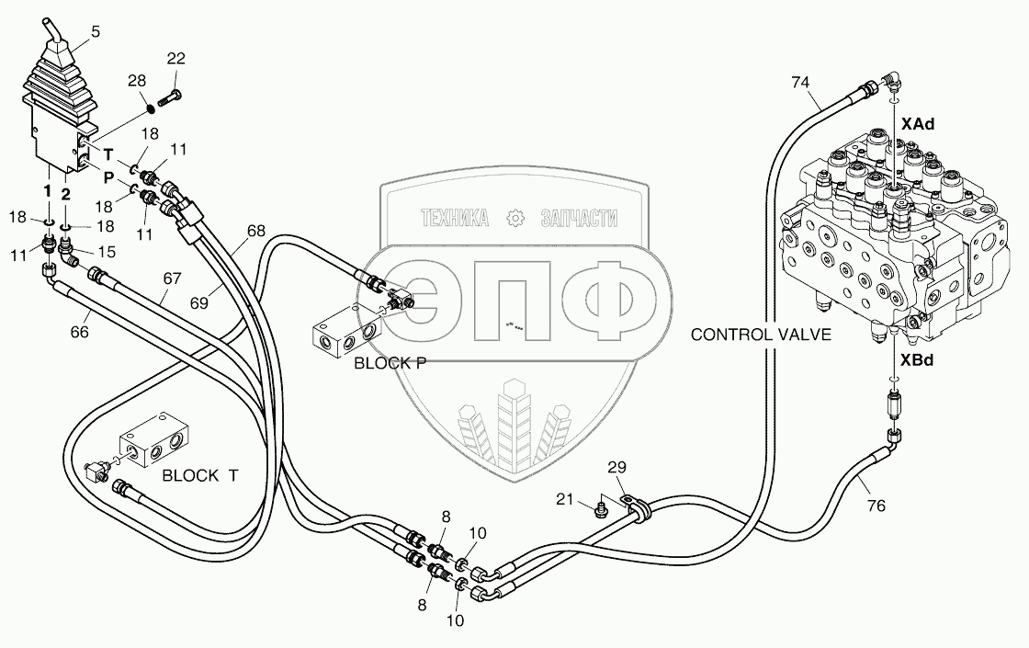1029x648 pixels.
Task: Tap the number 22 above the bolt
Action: pyautogui.click(x=175, y=59)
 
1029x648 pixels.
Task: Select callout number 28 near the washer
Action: pyautogui.click(x=137, y=83)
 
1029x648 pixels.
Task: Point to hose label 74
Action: pyautogui.click(x=801, y=82)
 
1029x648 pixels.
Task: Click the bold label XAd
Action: pyautogui.click(x=917, y=123)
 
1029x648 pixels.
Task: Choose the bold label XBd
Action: pyautogui.click(x=917, y=360)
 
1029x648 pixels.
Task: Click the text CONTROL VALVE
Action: pyautogui.click(x=761, y=335)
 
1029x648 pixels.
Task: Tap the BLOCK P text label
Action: pyautogui.click(x=390, y=363)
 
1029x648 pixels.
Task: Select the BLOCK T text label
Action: pyautogui.click(x=199, y=475)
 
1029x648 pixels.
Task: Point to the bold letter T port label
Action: pyautogui.click(x=108, y=153)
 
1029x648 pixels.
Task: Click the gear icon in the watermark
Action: pyautogui.click(x=514, y=218)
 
